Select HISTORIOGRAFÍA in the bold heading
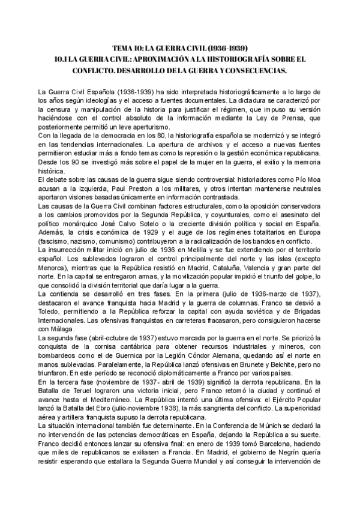point(242,59)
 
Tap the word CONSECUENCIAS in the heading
point(254,70)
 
